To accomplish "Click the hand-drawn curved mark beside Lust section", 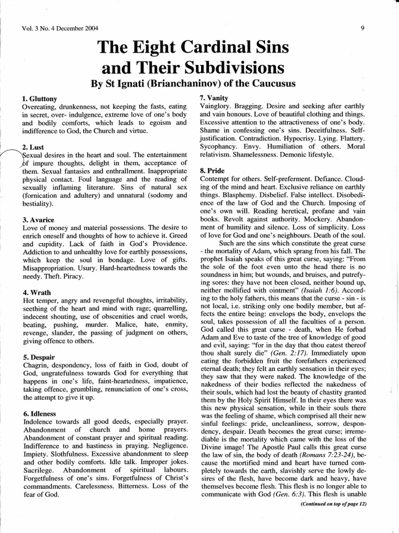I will pos(12,155).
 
